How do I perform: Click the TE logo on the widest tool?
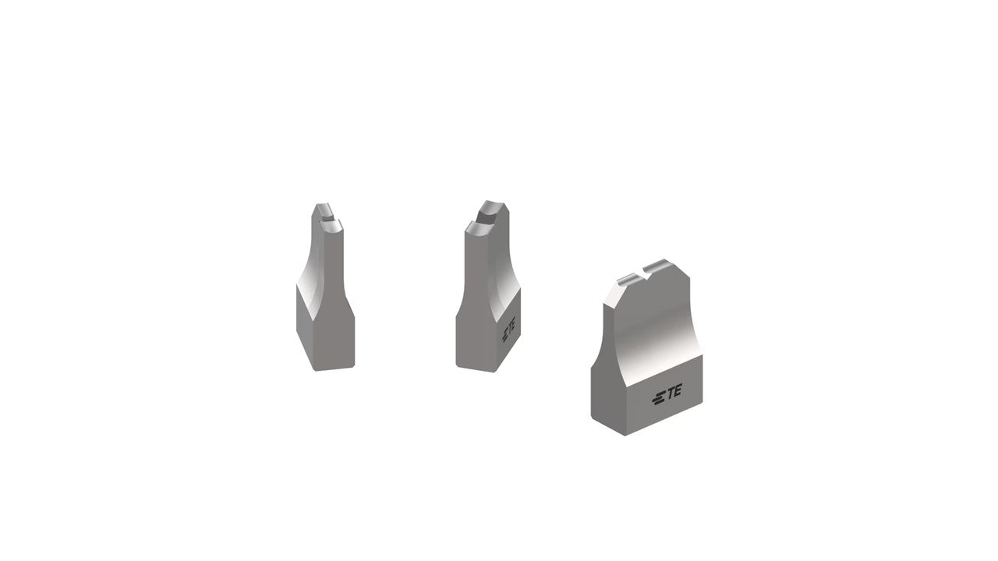click(667, 394)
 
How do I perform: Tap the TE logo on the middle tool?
click(509, 329)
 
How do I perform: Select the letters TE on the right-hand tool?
click(672, 391)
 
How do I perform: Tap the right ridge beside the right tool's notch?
click(661, 266)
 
